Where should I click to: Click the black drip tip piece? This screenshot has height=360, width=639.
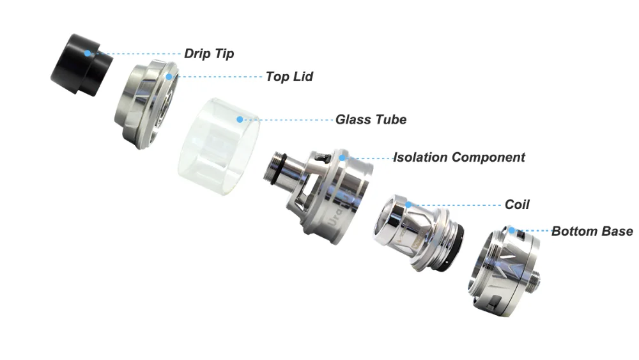[82, 65]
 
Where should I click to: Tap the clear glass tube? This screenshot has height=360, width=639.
[219, 146]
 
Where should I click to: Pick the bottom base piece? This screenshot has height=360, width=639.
[505, 271]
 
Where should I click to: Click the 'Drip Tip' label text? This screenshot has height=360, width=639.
[209, 54]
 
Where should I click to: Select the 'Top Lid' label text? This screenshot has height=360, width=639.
[289, 77]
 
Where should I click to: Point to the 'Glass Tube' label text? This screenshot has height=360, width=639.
[371, 120]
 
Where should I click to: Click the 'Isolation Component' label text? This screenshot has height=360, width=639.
[459, 157]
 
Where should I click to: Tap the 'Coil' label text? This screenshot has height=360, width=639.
[517, 204]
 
